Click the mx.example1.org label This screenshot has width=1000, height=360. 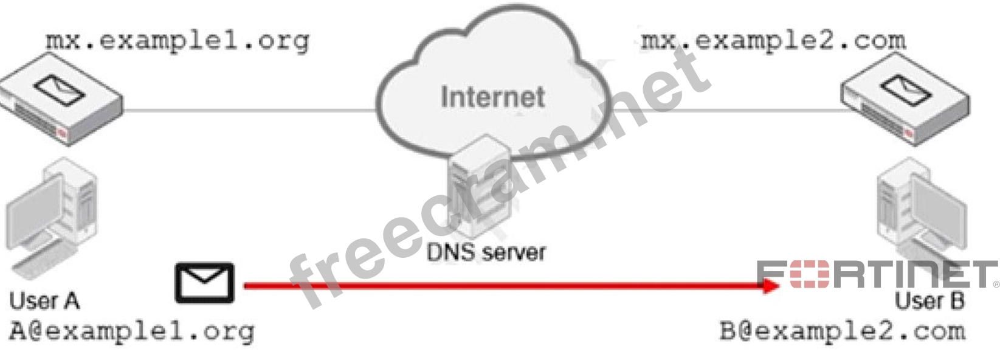(x=178, y=41)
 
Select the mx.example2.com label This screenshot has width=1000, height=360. (x=773, y=41)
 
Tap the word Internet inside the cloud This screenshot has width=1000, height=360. (x=492, y=97)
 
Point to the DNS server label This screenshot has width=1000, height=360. (x=486, y=252)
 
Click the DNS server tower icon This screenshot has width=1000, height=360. (x=480, y=189)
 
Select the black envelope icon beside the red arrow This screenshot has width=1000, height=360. (x=205, y=283)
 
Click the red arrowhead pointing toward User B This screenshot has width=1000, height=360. (x=771, y=285)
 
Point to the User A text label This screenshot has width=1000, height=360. (x=44, y=300)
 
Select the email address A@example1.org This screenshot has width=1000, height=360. (x=131, y=331)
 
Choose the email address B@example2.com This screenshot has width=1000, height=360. (x=843, y=331)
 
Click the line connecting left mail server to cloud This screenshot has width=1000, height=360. (x=249, y=111)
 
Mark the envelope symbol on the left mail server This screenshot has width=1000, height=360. (x=59, y=89)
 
